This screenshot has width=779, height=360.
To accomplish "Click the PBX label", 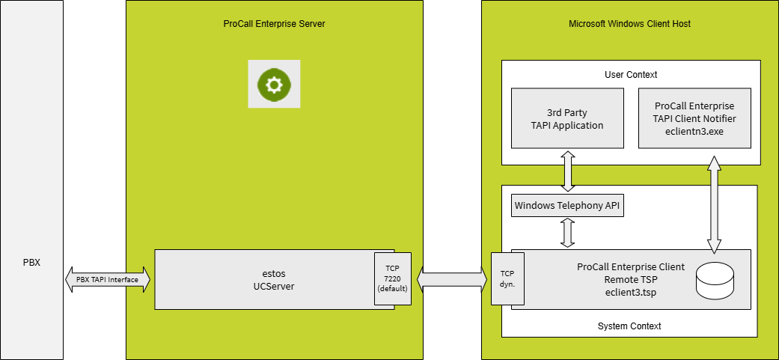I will tap(31, 263).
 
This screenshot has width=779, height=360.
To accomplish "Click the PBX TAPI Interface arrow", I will tap(108, 279).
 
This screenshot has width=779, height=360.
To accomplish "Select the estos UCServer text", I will tap(263, 279).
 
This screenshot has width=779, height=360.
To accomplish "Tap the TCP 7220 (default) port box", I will tap(393, 279).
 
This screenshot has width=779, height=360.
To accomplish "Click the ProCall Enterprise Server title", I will tap(274, 24).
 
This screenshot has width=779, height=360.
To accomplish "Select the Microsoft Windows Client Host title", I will tap(629, 24).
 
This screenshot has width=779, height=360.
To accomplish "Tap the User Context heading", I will tap(630, 75).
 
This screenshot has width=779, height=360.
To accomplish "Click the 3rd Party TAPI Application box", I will tap(567, 118).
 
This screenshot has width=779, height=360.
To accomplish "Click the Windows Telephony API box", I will tap(567, 206).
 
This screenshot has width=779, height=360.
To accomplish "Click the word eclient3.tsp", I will tap(630, 293).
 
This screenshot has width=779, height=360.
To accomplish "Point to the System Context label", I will tap(629, 326).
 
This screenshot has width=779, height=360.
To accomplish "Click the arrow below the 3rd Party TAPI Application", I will tap(567, 171).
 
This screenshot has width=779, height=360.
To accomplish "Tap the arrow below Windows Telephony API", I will tap(567, 233).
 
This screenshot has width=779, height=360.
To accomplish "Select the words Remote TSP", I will tap(631, 279).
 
